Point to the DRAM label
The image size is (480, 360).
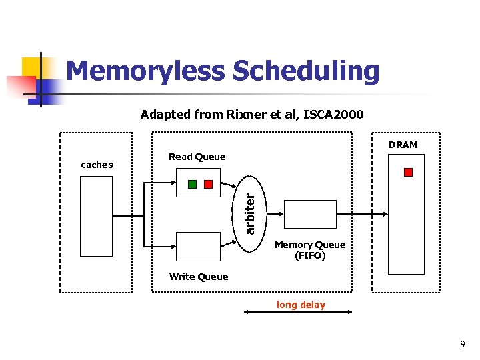click(x=403, y=145)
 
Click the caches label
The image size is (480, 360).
click(x=97, y=164)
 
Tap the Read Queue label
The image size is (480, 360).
click(x=197, y=157)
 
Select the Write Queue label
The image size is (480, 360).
click(x=198, y=277)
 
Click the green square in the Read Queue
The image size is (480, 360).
click(x=192, y=184)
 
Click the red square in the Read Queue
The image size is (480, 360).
click(x=208, y=184)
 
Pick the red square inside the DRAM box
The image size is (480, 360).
click(x=409, y=172)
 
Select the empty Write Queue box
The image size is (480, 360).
click(x=197, y=246)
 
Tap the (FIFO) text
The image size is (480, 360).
click(x=310, y=255)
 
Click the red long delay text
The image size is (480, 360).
click(x=301, y=305)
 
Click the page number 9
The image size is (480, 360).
click(x=462, y=344)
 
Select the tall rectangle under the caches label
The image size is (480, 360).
click(x=96, y=216)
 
